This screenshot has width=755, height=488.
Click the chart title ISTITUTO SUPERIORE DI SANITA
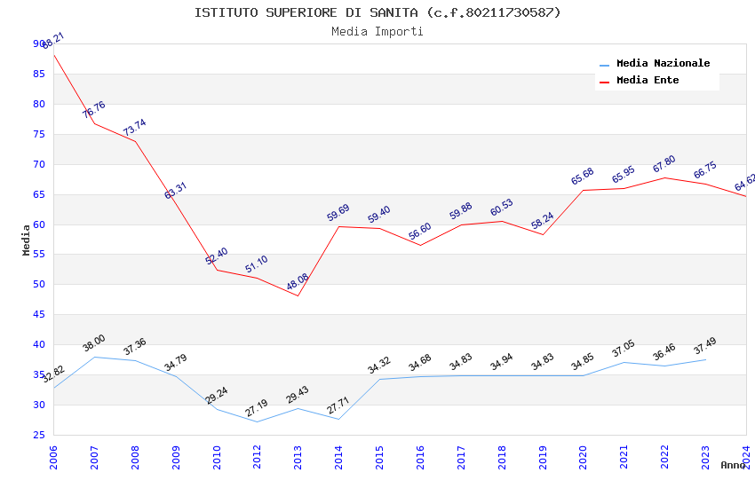tap(377, 12)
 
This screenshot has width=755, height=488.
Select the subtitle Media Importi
tap(377, 32)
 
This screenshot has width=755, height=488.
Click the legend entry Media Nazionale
tap(663, 64)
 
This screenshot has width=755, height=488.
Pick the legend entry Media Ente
tap(648, 81)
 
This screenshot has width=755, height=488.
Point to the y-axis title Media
tap(27, 240)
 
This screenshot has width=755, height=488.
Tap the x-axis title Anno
tap(733, 465)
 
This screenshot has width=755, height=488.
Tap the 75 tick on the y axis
tap(38, 134)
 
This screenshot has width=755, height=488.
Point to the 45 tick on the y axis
tap(38, 315)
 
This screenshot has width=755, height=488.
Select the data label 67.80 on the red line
tap(664, 164)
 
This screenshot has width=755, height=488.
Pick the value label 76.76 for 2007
tap(94, 110)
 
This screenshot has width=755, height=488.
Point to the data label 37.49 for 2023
tap(705, 347)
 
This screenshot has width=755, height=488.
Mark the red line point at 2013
tap(298, 295)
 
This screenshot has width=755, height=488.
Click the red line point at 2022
tap(664, 177)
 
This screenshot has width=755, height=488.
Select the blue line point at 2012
tap(258, 421)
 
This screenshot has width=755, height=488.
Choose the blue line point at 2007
tap(95, 357)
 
